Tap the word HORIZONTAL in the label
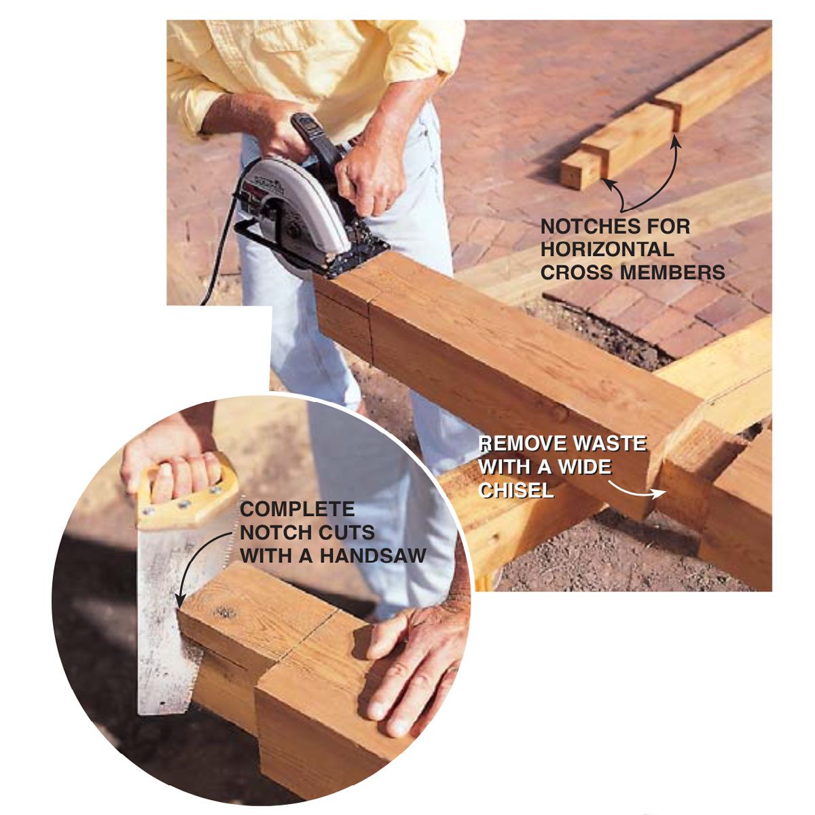pos(607,249)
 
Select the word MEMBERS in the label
pos(672,272)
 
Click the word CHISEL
pos(516,490)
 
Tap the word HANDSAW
pos(373,555)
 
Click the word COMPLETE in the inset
pos(297,509)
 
